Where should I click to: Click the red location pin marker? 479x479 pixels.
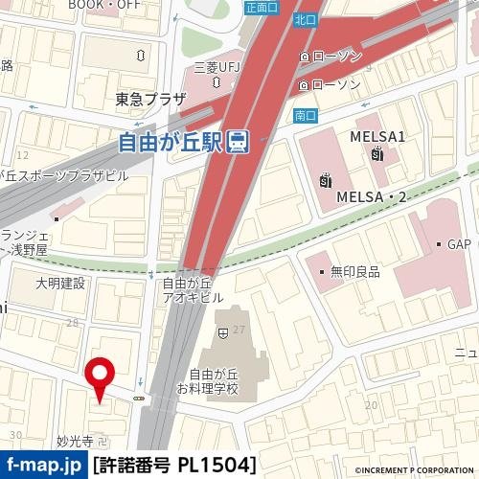click(x=100, y=376)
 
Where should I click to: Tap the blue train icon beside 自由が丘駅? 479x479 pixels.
click(x=239, y=143)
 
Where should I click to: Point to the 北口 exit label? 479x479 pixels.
click(x=306, y=19)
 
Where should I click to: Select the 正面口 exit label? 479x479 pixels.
click(x=260, y=7)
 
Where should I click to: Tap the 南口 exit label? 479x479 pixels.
click(x=306, y=116)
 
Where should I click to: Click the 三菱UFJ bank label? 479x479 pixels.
click(x=216, y=68)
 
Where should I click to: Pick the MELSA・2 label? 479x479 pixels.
click(x=373, y=196)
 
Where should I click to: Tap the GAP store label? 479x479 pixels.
click(x=461, y=244)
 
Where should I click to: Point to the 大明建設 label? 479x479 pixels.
click(x=60, y=284)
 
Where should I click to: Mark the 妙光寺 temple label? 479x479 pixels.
click(x=74, y=442)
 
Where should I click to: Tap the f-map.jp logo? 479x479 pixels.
click(x=43, y=466)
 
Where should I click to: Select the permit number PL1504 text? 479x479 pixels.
click(x=174, y=466)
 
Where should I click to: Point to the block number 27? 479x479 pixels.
click(x=239, y=330)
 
